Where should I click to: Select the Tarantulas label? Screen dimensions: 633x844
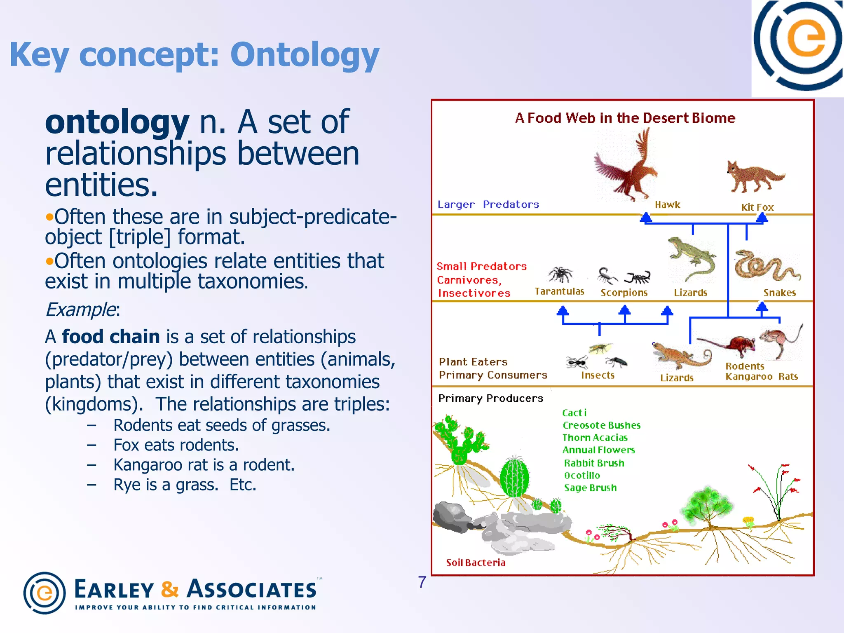[559, 291]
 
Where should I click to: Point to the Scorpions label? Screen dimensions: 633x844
[624, 293]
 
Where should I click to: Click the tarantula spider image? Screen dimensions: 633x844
[560, 274]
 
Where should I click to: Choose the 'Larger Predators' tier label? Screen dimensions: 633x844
[488, 204]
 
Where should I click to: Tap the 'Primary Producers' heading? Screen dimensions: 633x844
[490, 398]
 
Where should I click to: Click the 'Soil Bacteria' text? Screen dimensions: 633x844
[476, 563]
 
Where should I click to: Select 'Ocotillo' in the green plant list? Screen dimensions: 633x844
[582, 475]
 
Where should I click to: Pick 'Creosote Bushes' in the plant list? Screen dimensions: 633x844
[601, 425]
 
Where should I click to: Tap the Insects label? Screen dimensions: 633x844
[598, 375]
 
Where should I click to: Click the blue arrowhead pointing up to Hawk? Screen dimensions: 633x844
[646, 217]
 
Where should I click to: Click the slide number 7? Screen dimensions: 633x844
[422, 582]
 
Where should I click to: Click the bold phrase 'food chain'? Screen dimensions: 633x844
[110, 337]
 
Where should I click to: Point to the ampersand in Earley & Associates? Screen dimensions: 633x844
[170, 589]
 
